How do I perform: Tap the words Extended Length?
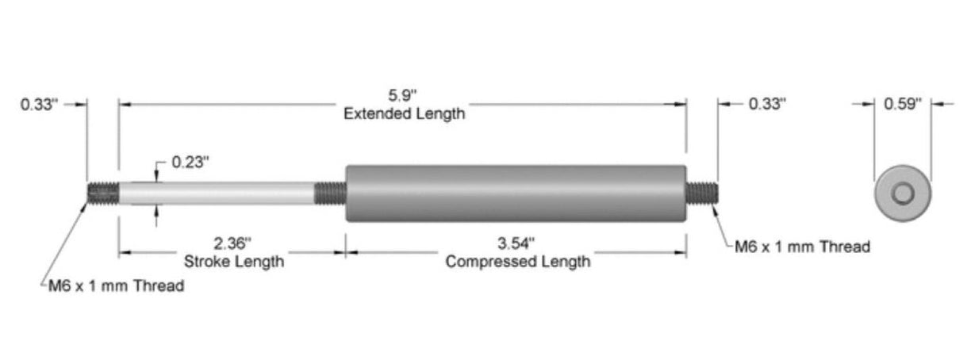tap(404, 113)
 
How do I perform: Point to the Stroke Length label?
tap(233, 261)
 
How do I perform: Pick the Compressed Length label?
tap(517, 261)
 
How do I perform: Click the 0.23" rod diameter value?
tap(190, 163)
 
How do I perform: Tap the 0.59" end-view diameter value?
tap(903, 103)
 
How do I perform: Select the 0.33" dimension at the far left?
tap(40, 104)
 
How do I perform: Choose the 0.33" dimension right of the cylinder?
tap(767, 104)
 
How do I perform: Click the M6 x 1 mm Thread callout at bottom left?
tap(116, 286)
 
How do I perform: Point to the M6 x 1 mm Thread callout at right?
tap(802, 247)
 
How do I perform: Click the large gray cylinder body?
tap(516, 193)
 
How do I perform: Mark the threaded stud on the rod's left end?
tap(102, 193)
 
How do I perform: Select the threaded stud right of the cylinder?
tap(702, 193)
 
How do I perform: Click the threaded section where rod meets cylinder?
tap(330, 193)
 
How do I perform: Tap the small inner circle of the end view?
tap(903, 193)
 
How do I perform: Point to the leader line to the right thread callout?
tap(723, 226)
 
